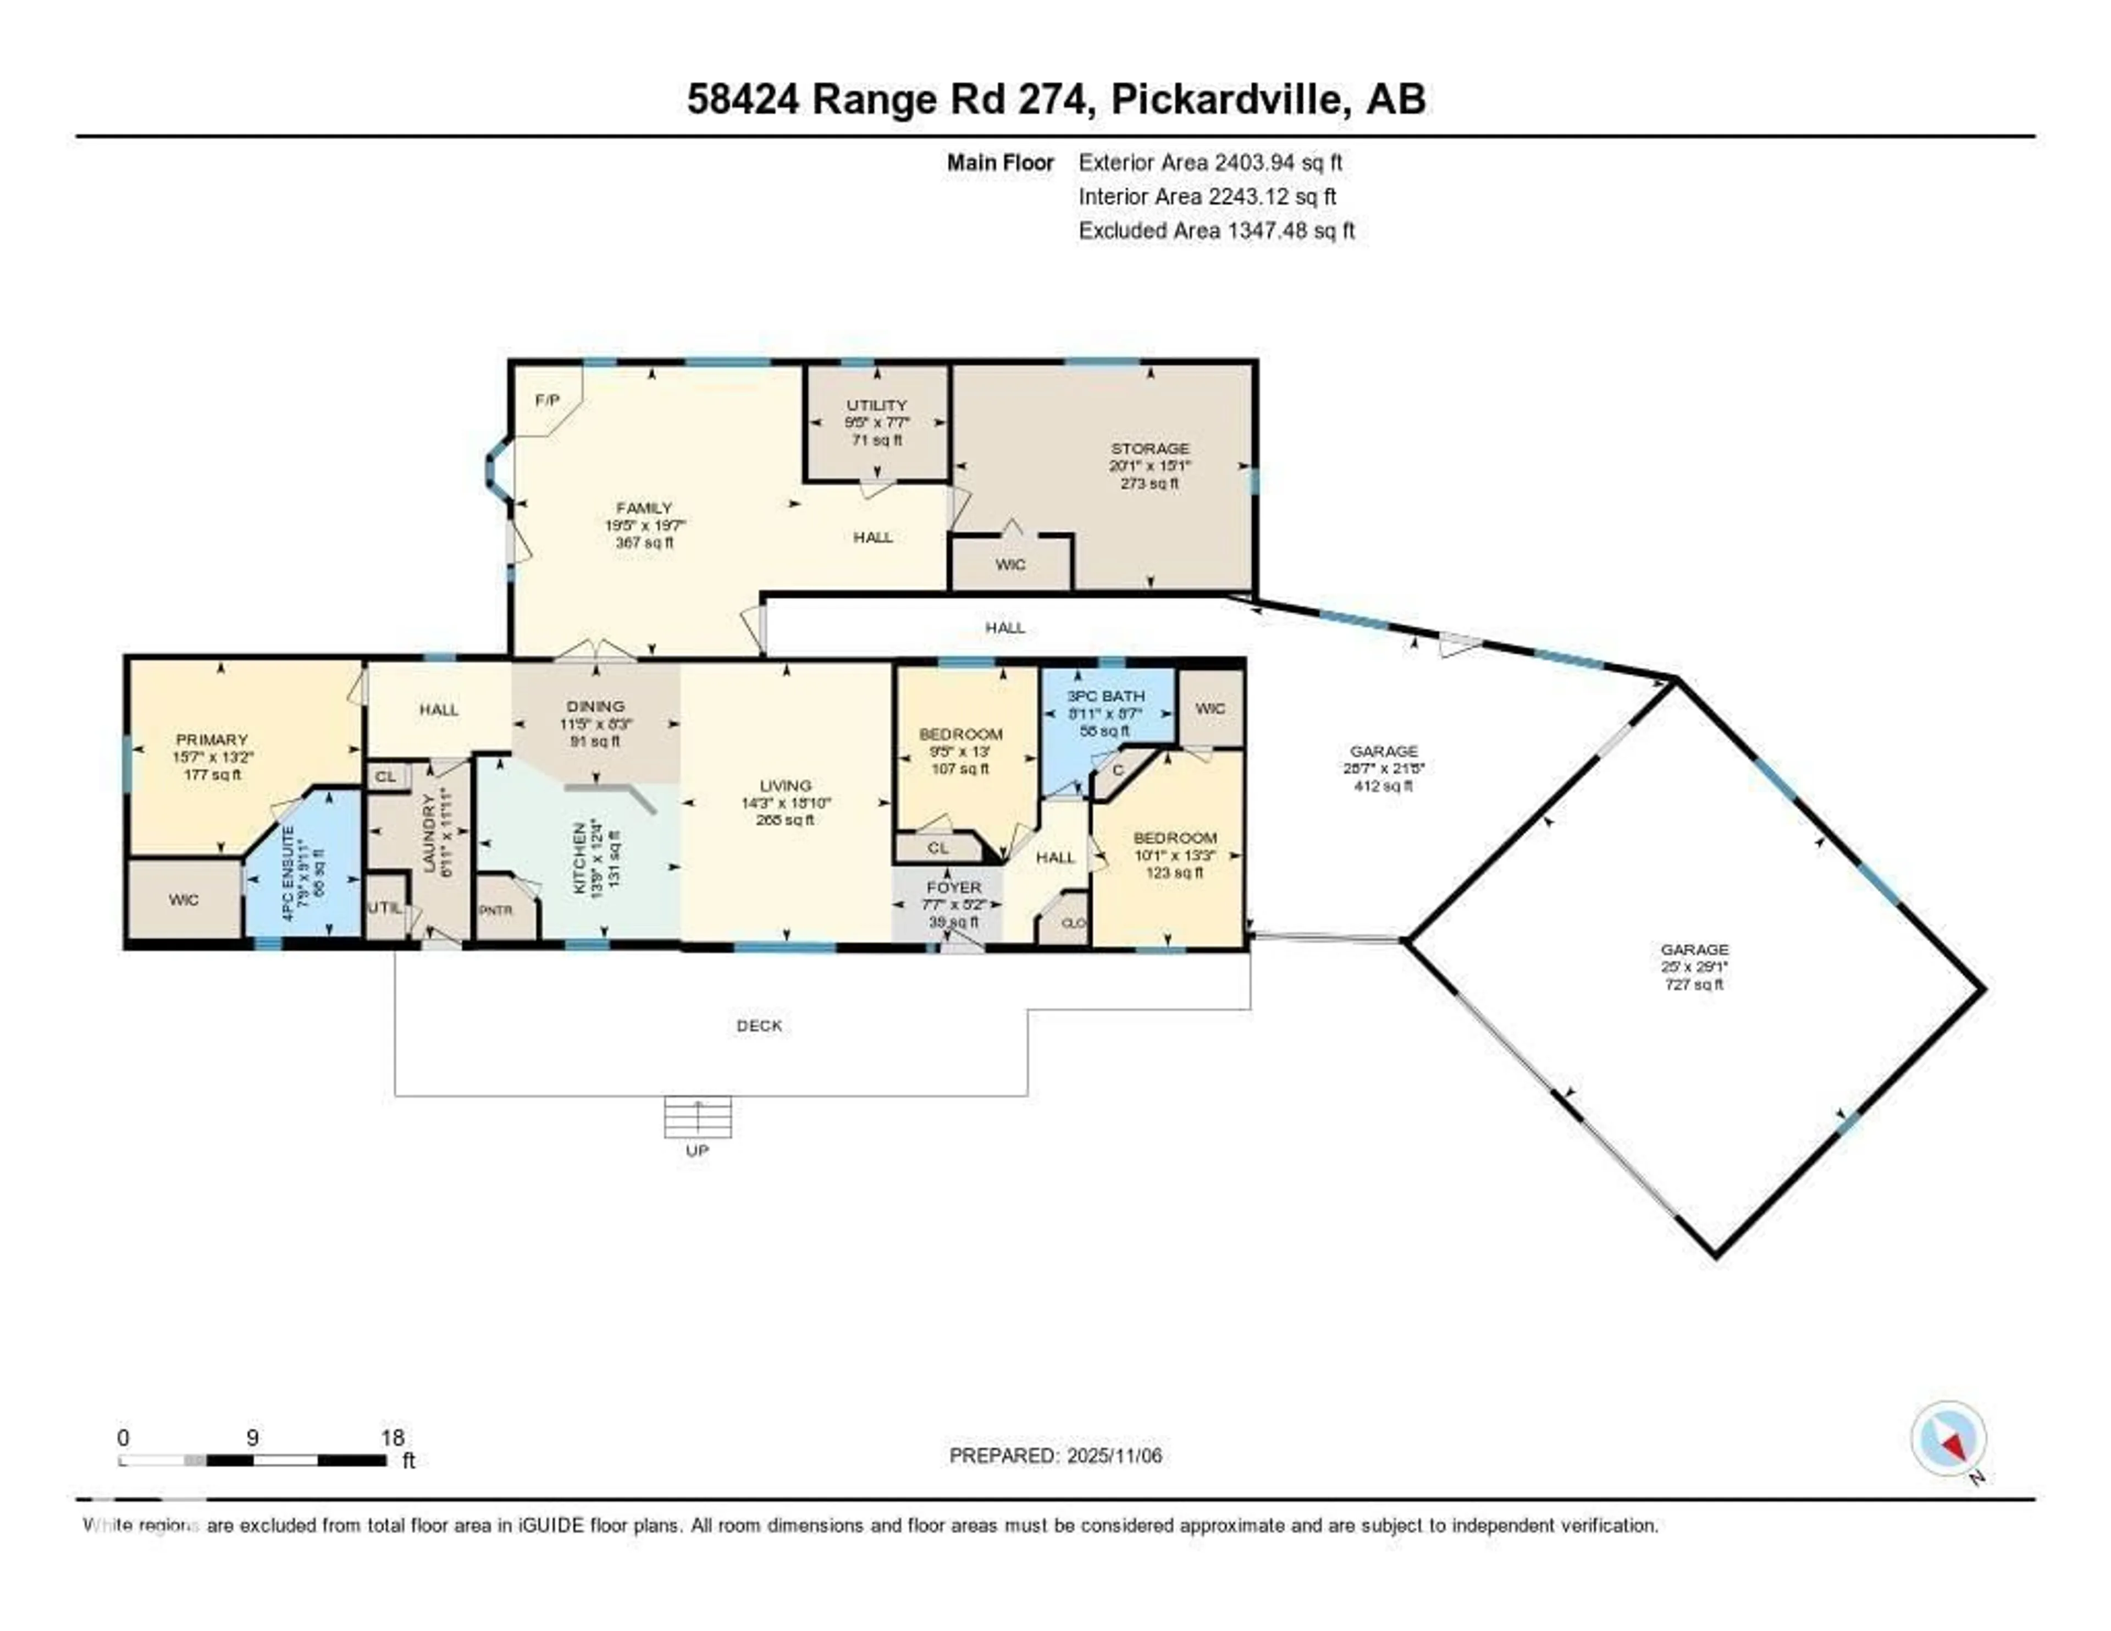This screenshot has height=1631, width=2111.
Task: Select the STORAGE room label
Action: pos(1150,449)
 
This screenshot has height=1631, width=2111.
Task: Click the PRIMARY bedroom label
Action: pos(212,740)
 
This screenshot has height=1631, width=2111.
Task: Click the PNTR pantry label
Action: pos(496,910)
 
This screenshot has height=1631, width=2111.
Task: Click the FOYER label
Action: pos(953,888)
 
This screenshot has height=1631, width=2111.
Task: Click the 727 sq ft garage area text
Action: pos(1693,984)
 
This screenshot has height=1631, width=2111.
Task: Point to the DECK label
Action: pos(759,1026)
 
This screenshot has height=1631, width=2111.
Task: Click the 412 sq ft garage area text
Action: pos(1383,786)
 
